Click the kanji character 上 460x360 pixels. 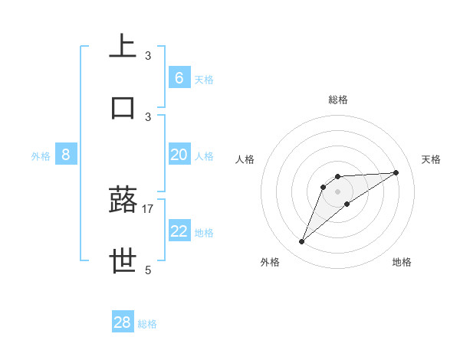point(123,45)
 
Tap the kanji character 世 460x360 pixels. point(123,260)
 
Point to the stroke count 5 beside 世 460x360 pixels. point(148,270)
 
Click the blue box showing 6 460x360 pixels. point(179,77)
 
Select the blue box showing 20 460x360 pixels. point(179,155)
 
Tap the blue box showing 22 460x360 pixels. point(179,231)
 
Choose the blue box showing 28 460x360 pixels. point(123,322)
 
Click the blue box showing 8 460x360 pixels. point(66,155)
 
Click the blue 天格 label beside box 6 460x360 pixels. point(204,79)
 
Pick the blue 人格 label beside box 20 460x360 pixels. point(204,155)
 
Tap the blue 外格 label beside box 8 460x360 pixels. point(41,155)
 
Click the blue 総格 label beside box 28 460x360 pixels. point(147,324)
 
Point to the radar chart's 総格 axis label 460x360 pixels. point(338,100)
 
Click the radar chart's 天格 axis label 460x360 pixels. point(432,159)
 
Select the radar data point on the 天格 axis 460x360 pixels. point(396,172)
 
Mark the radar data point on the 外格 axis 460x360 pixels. point(301,242)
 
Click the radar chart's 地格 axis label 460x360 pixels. point(402,262)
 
